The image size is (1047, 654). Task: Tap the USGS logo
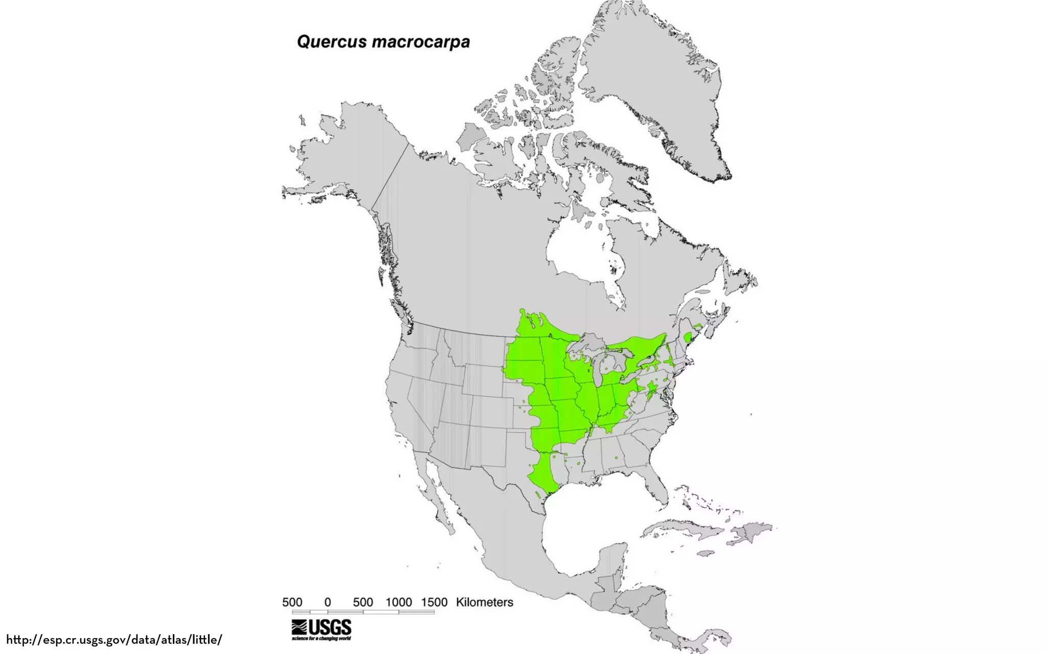point(322,629)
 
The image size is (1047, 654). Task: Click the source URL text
point(114,639)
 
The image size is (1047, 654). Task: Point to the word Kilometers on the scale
point(484,602)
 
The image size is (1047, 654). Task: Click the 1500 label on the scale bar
point(434,602)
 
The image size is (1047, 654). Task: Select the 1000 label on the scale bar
point(399,602)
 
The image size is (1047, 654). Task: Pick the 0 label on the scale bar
point(328,602)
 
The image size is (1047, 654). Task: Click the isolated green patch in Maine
point(688,337)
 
